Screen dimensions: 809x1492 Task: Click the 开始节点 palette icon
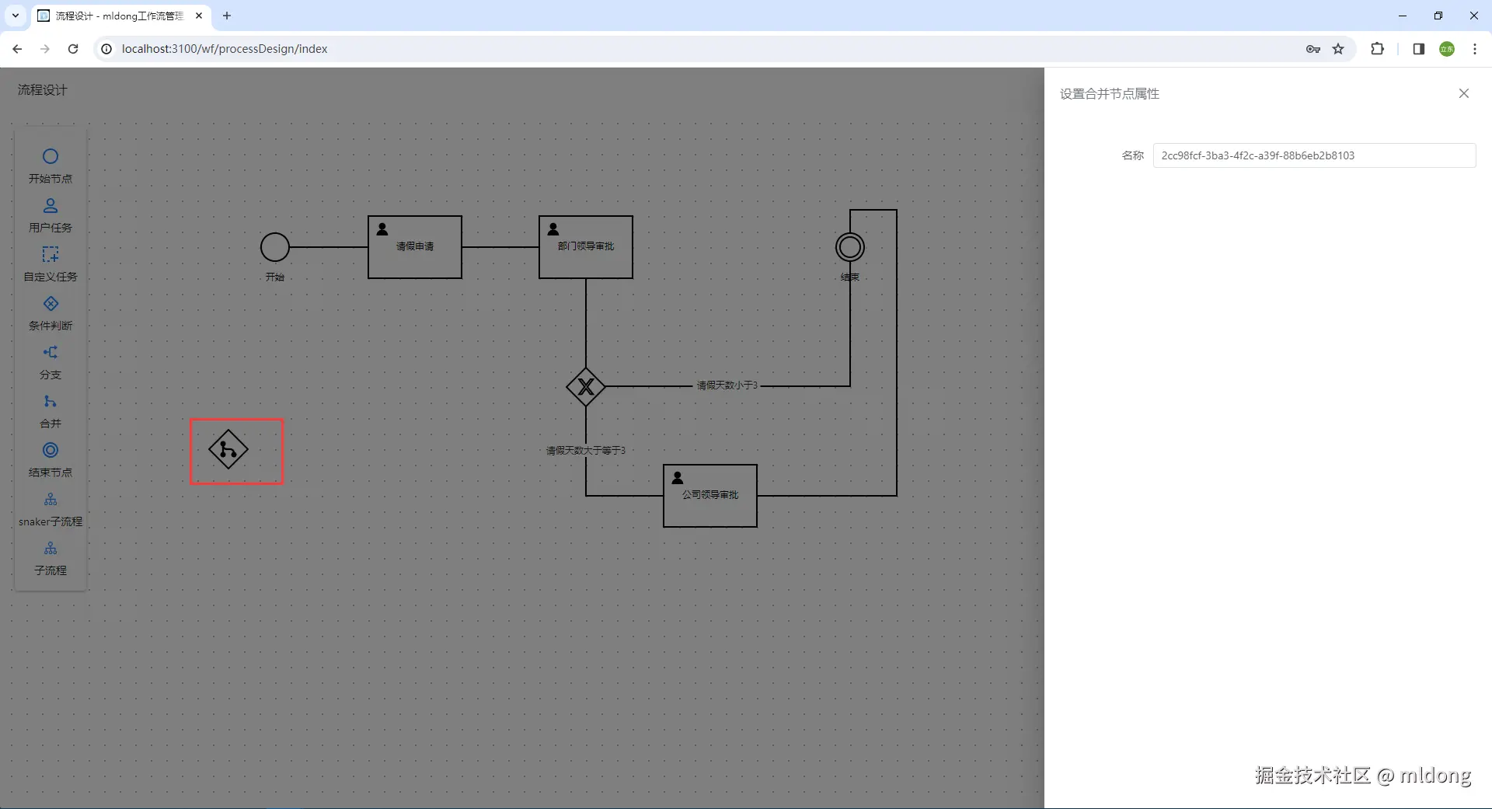point(51,157)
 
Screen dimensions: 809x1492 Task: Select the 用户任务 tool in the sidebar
point(51,206)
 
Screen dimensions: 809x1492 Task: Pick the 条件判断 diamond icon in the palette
point(51,304)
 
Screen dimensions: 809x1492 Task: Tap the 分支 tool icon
point(51,353)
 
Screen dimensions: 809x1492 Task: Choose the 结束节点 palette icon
point(51,451)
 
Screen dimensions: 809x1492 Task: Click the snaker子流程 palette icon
point(51,500)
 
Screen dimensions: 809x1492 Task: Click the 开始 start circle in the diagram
point(275,247)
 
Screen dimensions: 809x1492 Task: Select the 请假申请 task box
point(415,247)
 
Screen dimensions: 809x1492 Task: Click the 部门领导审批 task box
point(586,247)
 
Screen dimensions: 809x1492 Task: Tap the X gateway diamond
point(586,386)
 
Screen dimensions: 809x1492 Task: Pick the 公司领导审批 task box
point(710,496)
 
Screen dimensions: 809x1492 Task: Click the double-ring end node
point(850,247)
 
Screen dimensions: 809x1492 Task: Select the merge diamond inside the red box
point(228,450)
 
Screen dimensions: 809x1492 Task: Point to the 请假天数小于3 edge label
point(727,385)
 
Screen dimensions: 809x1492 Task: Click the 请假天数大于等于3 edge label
point(586,451)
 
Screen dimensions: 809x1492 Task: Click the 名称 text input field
point(1313,155)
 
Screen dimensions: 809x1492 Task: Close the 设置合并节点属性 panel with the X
point(1464,93)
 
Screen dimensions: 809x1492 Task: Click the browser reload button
point(73,49)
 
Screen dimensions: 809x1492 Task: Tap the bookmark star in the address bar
point(1338,49)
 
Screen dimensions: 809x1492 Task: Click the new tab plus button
point(227,16)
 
